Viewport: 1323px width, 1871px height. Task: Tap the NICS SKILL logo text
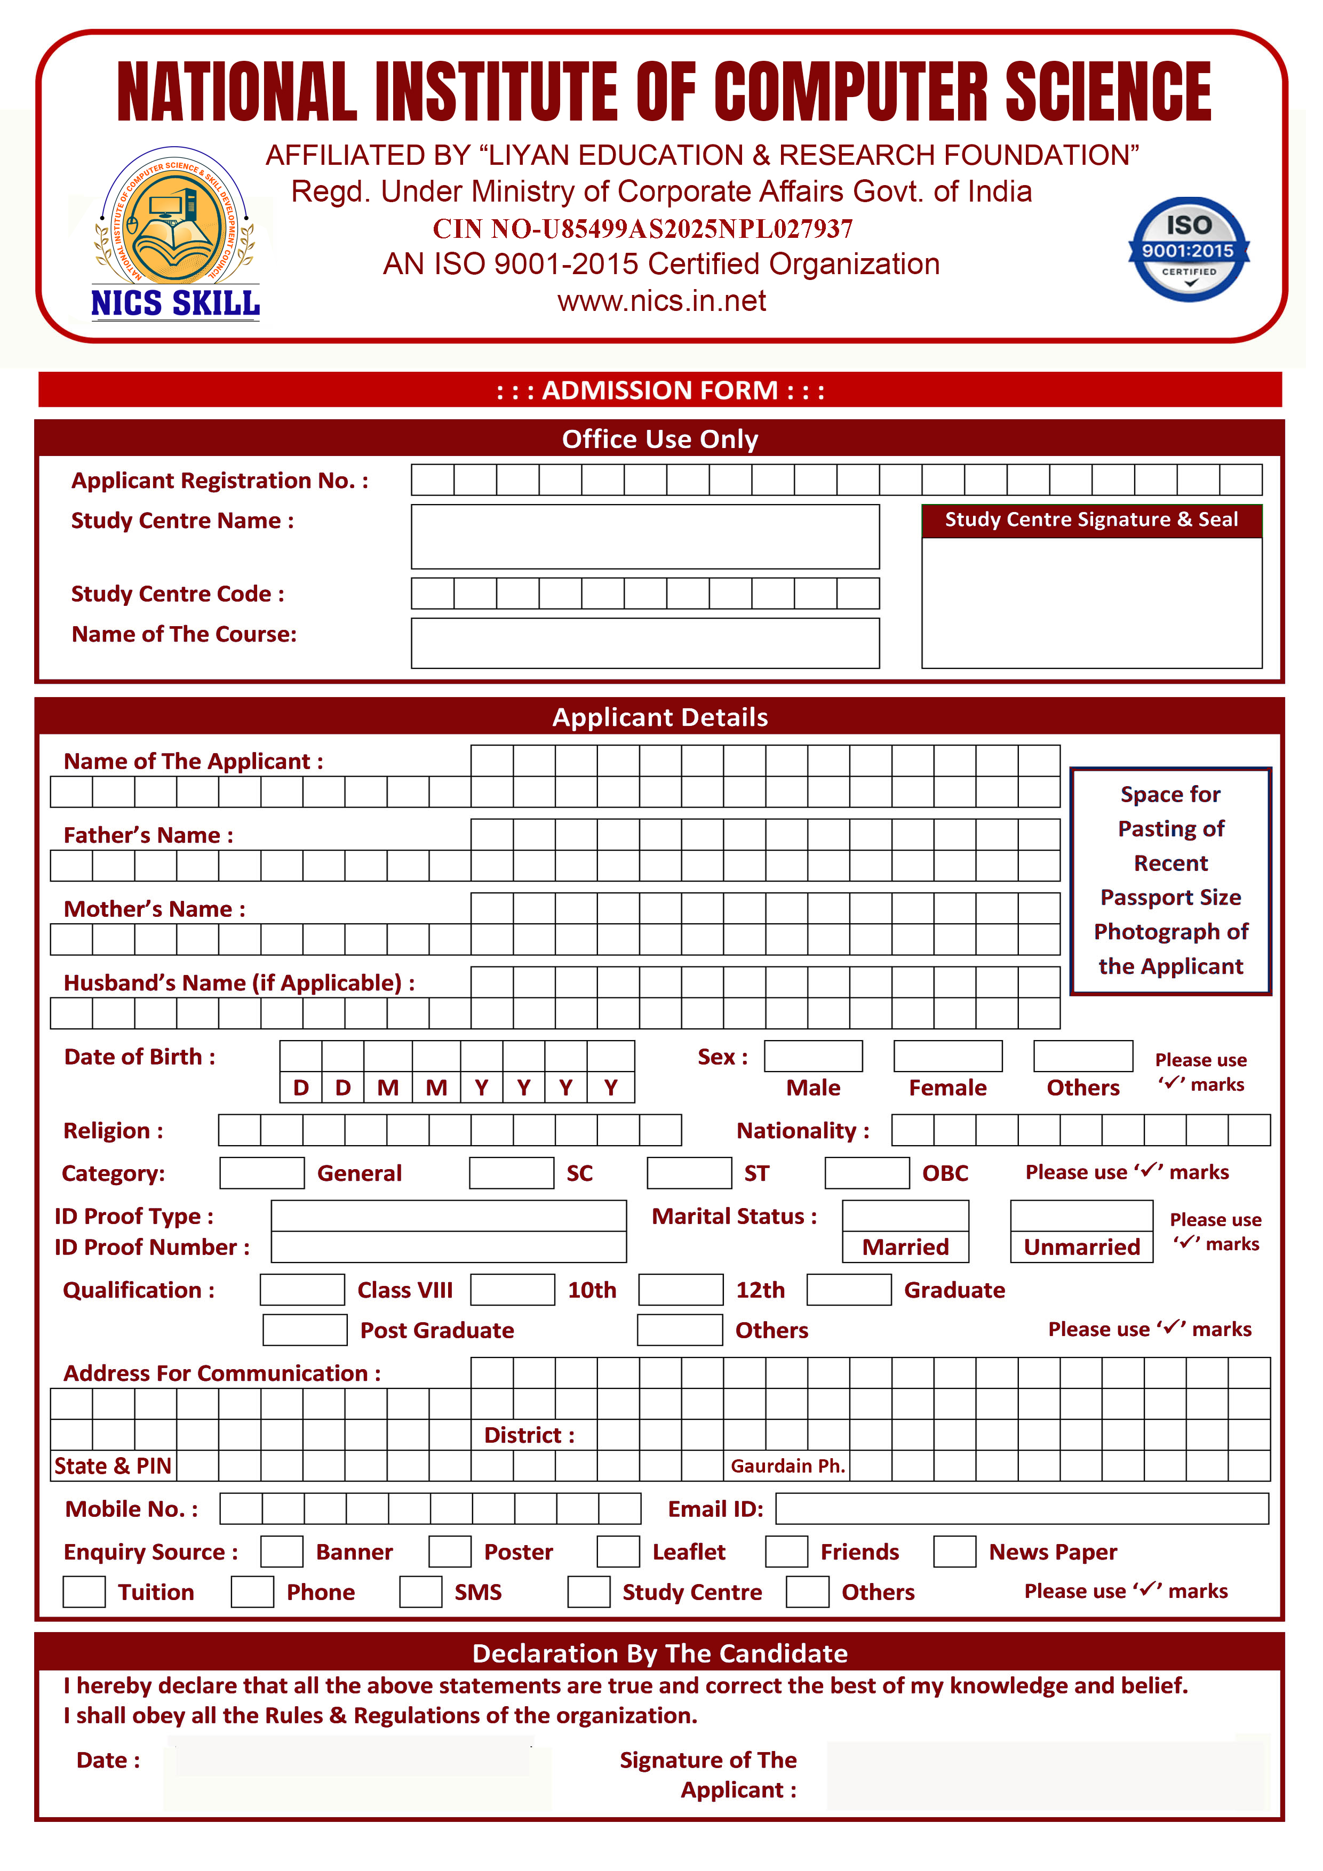(x=176, y=303)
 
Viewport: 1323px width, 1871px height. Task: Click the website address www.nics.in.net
(x=661, y=301)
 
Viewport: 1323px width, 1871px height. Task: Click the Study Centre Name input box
(x=645, y=536)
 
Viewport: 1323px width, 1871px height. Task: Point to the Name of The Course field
(x=645, y=643)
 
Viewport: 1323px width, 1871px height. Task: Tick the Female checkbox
(x=947, y=1056)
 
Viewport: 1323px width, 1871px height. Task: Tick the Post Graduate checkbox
(x=305, y=1329)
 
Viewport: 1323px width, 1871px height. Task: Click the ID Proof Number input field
(x=448, y=1247)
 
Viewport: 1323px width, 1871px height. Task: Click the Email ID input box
(x=1022, y=1508)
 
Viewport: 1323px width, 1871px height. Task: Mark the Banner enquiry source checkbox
(x=282, y=1551)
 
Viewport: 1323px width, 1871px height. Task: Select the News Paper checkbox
(x=954, y=1551)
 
